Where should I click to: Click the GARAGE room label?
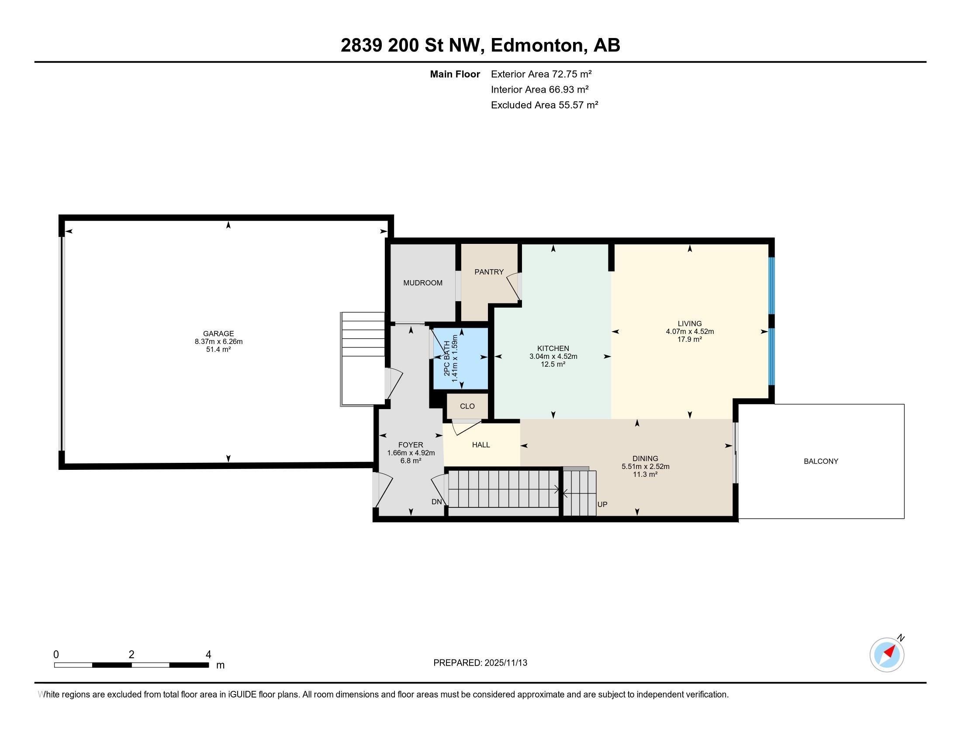[218, 333]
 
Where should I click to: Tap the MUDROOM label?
[422, 283]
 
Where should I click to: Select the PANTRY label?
[489, 272]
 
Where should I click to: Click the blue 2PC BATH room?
[461, 358]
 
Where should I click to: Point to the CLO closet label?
[467, 406]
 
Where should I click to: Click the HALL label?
[481, 445]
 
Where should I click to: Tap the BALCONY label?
[821, 461]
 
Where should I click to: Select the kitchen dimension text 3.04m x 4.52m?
[553, 357]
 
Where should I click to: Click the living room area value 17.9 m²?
[689, 339]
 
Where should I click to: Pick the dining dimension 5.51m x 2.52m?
[645, 467]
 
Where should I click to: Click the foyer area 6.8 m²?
[411, 461]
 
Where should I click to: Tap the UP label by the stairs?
[602, 504]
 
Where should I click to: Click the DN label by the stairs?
[436, 502]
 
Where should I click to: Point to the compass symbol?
[887, 655]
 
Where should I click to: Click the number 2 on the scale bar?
[131, 655]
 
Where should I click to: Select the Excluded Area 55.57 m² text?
[544, 105]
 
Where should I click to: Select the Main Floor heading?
[455, 74]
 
